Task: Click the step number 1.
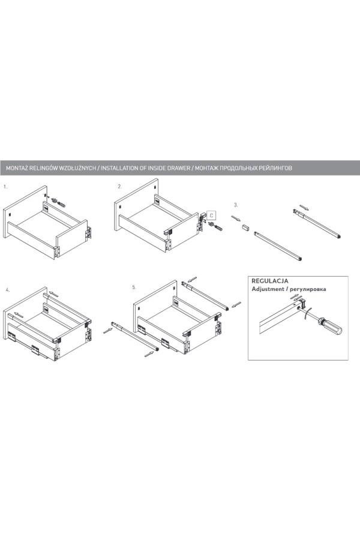coord(5,187)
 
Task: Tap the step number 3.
coord(236,205)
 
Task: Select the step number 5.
coord(134,287)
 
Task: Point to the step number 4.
coord(8,290)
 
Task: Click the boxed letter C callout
coord(212,215)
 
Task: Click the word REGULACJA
coord(270,281)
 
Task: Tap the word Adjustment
coord(267,289)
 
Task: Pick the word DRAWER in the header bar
coord(178,168)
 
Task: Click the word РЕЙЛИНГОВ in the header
coord(275,168)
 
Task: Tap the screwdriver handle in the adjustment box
coord(331,326)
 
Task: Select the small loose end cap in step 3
coord(245,227)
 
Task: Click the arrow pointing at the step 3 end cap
coord(236,218)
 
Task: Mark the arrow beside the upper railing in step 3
coord(304,208)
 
